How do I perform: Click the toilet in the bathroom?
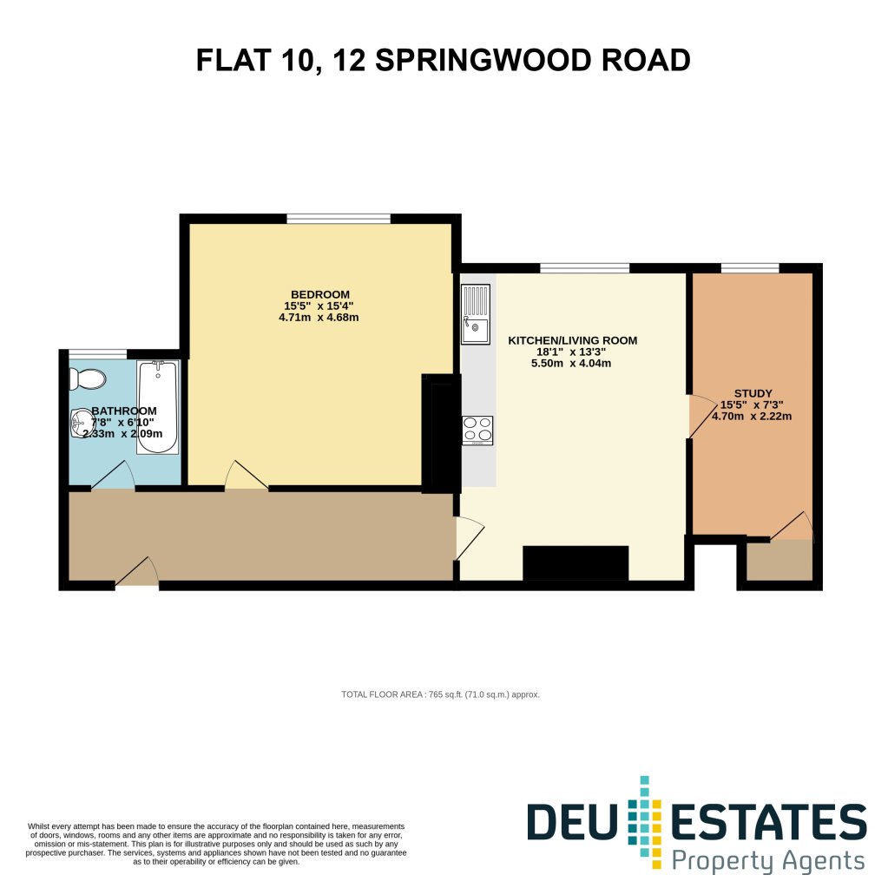[x=87, y=378]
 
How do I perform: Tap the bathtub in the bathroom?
[x=158, y=407]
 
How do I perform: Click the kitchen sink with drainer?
[x=476, y=313]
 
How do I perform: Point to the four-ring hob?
[x=477, y=431]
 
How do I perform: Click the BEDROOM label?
[x=320, y=294]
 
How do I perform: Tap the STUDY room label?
[x=753, y=393]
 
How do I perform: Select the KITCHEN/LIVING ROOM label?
[x=573, y=340]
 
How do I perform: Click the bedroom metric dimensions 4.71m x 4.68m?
[x=319, y=317]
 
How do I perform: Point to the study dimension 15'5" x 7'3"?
[x=752, y=405]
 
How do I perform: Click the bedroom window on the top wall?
[x=339, y=219]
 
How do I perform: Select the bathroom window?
[x=98, y=354]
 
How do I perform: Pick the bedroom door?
[x=247, y=476]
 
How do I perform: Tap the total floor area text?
[x=441, y=694]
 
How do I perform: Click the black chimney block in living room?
[x=576, y=563]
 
